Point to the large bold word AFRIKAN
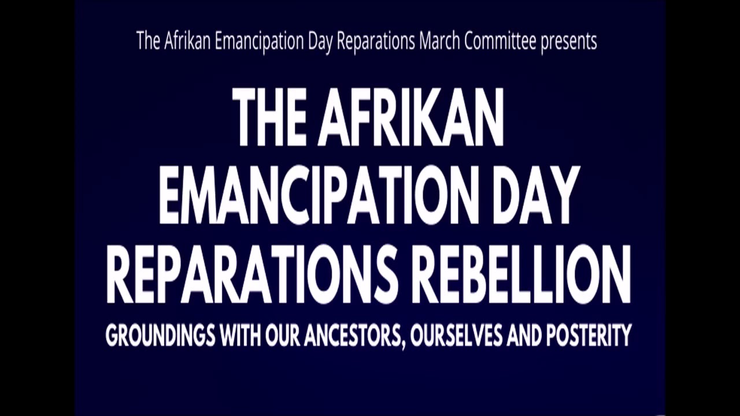click(x=411, y=118)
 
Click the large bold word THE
click(x=269, y=118)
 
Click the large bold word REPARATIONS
click(x=252, y=274)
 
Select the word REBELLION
click(x=524, y=274)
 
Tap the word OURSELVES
click(x=456, y=336)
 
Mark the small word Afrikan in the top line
click(x=188, y=42)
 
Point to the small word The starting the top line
click(x=148, y=42)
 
